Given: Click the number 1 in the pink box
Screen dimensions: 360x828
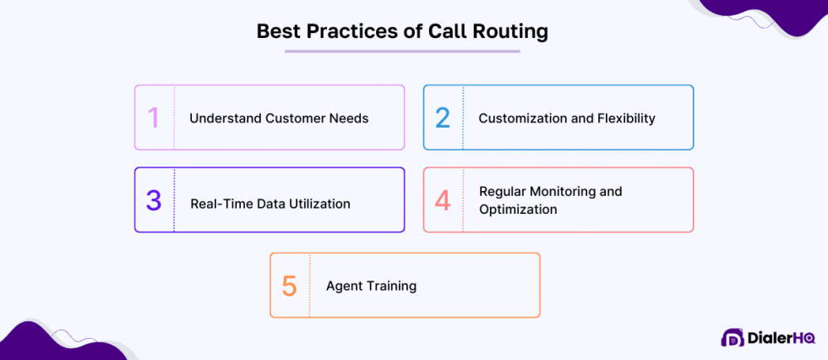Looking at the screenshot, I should (153, 117).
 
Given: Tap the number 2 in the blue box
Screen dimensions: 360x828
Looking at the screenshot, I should (443, 117).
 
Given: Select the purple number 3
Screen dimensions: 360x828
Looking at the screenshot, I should (153, 200).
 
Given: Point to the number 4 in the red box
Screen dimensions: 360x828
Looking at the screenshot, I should (443, 200).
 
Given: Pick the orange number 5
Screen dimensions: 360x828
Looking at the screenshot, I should (290, 286).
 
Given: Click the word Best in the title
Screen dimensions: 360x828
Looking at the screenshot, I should (277, 32).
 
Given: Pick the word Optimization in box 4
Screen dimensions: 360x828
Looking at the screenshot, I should (518, 209).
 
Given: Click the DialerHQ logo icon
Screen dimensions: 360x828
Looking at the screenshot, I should (732, 338).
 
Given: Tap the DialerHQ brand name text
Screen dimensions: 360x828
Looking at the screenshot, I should (781, 338).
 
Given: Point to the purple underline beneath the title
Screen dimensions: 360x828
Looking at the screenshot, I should (402, 52).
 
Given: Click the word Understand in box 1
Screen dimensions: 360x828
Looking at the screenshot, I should (226, 118).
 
